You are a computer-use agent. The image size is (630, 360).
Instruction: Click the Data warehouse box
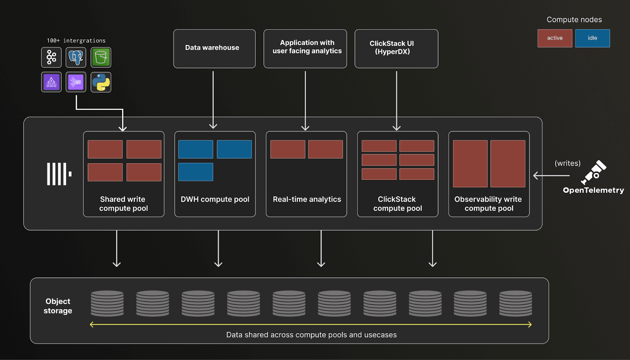214,48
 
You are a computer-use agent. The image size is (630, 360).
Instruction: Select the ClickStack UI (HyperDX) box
396,48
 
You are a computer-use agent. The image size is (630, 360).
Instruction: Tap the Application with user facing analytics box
305,48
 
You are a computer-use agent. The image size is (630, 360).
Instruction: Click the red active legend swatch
554,38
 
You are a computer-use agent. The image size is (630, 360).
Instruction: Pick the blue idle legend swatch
592,38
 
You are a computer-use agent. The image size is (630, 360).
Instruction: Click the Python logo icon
101,82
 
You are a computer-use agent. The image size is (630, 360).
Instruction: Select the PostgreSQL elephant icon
76,58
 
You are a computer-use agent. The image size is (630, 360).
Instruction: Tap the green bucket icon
101,58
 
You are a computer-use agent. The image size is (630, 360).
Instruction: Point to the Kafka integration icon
51,58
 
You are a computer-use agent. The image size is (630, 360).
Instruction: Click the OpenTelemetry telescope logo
594,172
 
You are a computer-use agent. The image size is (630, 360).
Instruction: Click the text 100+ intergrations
76,41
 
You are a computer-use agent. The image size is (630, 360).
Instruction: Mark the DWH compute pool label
215,199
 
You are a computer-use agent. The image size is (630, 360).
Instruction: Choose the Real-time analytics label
307,199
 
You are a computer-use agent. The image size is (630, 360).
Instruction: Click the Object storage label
58,306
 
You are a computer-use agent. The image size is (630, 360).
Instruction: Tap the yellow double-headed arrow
311,325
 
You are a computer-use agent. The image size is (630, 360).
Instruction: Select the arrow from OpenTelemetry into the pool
551,176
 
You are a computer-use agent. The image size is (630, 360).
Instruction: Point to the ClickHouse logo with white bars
59,174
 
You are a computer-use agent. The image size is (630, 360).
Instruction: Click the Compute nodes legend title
574,20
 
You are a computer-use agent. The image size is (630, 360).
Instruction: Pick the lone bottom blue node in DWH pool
196,172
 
